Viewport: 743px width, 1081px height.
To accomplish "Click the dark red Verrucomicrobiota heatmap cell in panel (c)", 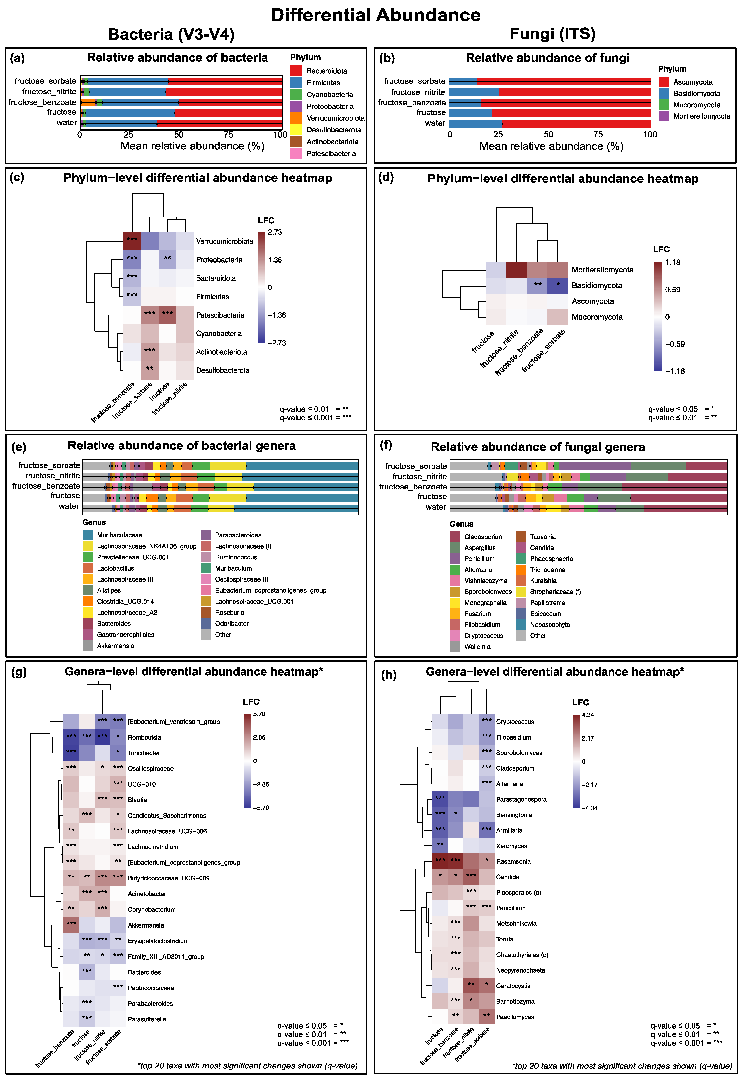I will click(132, 241).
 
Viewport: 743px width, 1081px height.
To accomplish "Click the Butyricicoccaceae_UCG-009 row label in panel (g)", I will click(168, 878).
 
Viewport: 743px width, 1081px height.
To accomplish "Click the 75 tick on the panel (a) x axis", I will click(228, 135).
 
